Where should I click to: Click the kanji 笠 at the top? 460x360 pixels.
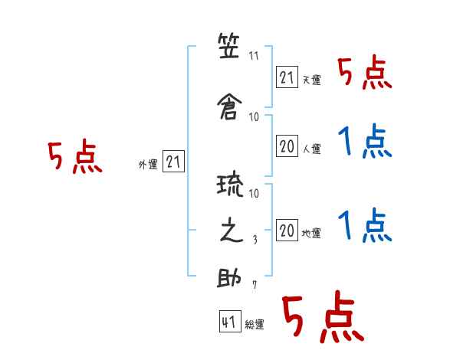(228, 45)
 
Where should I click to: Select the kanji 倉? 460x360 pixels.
(229, 107)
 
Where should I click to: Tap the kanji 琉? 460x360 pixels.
(230, 185)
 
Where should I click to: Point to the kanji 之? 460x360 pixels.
(232, 231)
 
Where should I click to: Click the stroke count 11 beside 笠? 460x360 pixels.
(254, 56)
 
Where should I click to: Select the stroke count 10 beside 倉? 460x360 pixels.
(254, 117)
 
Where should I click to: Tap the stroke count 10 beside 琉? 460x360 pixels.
(254, 193)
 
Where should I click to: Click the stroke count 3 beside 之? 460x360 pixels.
(255, 240)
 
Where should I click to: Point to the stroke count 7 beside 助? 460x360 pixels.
(255, 285)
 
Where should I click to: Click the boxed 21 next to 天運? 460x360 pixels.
(287, 77)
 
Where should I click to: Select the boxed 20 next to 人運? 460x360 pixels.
(287, 146)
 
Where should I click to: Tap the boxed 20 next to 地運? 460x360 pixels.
(287, 230)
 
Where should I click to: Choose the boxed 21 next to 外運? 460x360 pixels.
(173, 162)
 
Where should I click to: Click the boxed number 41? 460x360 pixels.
(230, 322)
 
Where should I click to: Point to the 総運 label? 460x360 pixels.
(255, 325)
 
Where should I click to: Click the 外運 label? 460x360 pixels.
(148, 165)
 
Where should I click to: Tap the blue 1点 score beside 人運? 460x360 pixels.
(365, 141)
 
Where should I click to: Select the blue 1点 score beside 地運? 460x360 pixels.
(365, 225)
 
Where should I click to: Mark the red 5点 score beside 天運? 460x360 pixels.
(365, 73)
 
